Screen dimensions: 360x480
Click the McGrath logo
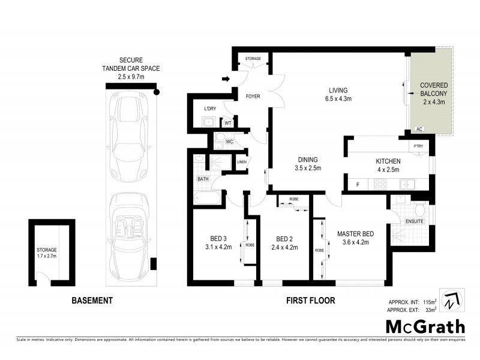(x=425, y=327)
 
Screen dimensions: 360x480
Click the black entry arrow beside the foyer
(x=226, y=79)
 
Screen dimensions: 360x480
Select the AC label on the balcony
(x=419, y=129)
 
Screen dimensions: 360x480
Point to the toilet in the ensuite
(x=420, y=209)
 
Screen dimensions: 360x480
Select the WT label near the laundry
(x=228, y=123)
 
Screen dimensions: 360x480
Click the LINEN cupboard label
(x=242, y=161)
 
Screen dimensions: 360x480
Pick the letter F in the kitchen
(x=358, y=184)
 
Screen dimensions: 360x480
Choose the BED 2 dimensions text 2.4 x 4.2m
(x=284, y=247)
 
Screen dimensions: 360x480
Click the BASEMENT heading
(x=92, y=301)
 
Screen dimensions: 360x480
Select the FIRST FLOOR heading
(x=310, y=301)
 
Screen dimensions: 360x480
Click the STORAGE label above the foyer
(x=252, y=59)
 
